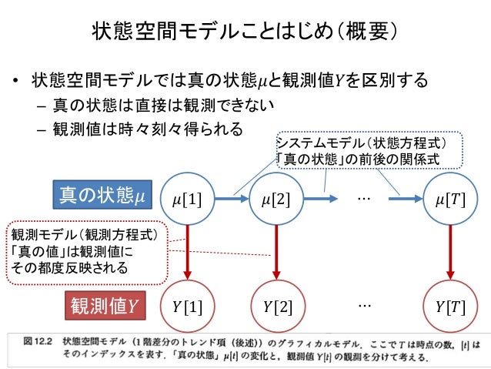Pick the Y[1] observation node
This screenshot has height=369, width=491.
tap(187, 307)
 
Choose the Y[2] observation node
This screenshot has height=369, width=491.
tap(276, 307)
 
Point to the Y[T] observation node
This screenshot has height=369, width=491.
tap(449, 307)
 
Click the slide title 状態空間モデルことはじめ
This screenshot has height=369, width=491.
tap(245, 31)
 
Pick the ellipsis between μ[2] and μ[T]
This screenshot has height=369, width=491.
tap(363, 199)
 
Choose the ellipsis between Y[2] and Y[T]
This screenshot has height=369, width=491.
tap(363, 305)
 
